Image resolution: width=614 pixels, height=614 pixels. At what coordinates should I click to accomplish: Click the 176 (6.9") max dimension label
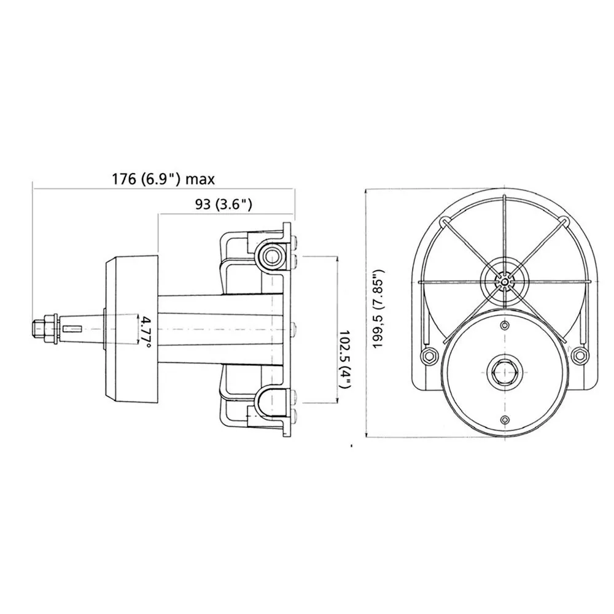164,179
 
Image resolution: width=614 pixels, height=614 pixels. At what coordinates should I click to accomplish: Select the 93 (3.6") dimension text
223,204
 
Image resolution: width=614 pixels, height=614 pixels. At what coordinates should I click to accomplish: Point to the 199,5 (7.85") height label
379,309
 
